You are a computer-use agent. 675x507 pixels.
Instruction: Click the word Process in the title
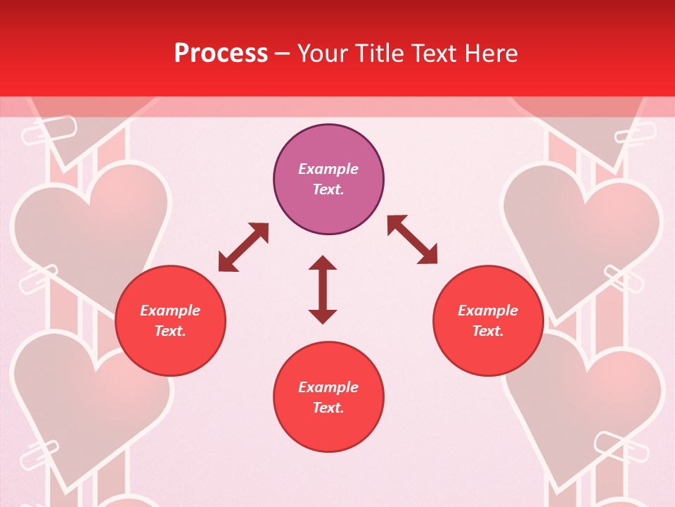click(221, 54)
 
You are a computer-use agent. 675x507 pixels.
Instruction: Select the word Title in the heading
click(382, 54)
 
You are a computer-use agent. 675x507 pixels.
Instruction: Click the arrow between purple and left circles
click(243, 247)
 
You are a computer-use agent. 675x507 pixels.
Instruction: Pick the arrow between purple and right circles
click(412, 239)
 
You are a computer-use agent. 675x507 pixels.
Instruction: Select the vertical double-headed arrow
click(323, 289)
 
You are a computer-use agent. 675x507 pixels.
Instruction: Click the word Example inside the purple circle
click(328, 169)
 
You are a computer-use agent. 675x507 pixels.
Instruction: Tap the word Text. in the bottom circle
click(328, 408)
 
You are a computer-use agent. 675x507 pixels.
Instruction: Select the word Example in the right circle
click(488, 311)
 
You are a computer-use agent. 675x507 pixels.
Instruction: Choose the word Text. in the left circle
click(170, 331)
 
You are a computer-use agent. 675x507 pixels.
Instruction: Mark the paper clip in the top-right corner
click(635, 133)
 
